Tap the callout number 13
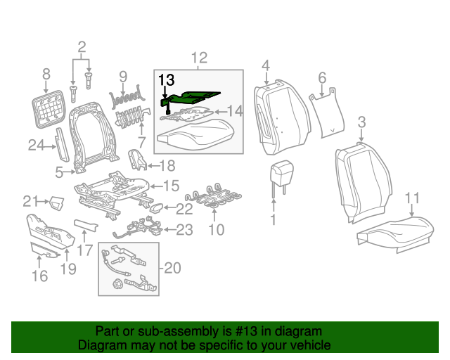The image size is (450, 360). coord(166,79)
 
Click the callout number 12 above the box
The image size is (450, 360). coord(199,58)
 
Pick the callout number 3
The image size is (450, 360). coord(361,123)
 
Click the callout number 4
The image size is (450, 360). coord(266,66)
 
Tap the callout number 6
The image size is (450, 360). coord(322,77)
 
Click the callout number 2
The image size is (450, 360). coord(82,48)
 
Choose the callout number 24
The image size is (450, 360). coord(36,146)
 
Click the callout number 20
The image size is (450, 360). coord(172,267)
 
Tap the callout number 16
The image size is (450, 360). coord(39,276)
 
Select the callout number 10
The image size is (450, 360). coord(217,229)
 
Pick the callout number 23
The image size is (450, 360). coord(184,229)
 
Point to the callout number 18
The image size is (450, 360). coord(167,165)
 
